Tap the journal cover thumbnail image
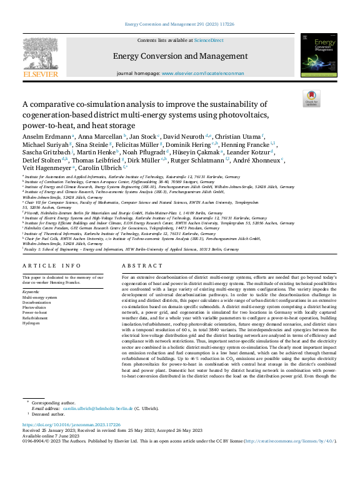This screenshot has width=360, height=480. coord(319,56)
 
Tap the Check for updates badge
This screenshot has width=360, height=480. coord(311,99)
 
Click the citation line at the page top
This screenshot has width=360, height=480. coord(179,24)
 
